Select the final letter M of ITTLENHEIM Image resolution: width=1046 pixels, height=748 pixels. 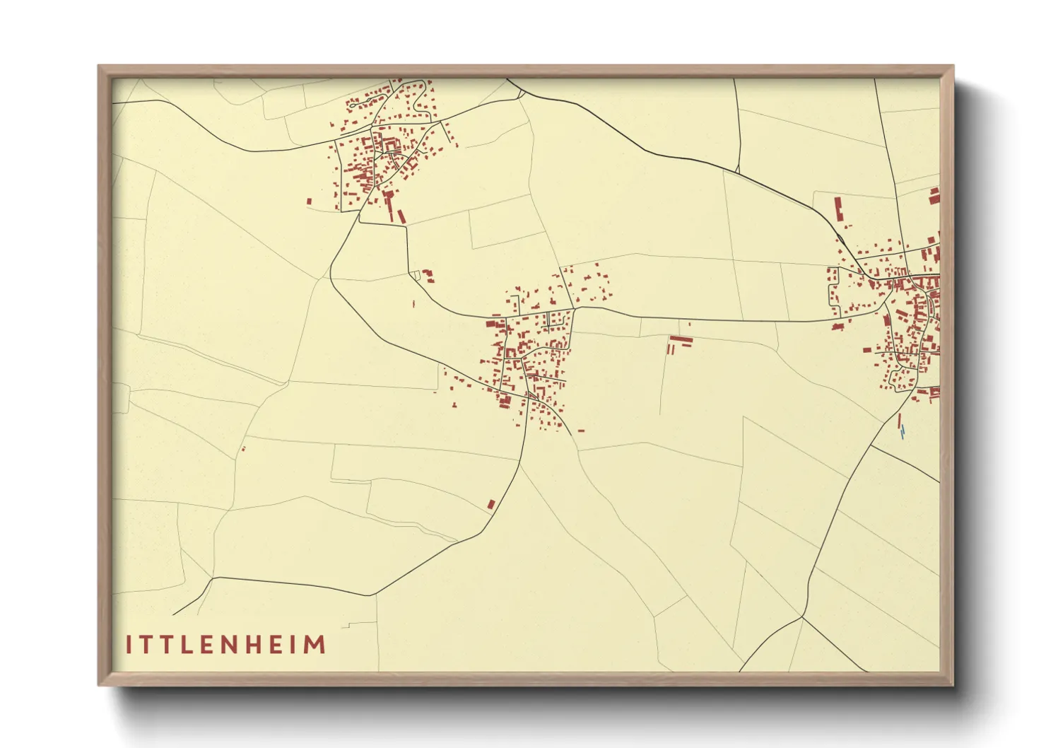(315, 645)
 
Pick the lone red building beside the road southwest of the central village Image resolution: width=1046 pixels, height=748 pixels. (491, 504)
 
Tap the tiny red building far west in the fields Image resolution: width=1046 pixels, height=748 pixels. (243, 448)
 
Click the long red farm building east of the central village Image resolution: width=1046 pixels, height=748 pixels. (681, 341)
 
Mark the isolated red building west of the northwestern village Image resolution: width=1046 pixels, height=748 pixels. (309, 201)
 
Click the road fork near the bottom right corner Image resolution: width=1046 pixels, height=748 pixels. (803, 617)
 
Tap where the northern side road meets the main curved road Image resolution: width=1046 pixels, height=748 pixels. (736, 172)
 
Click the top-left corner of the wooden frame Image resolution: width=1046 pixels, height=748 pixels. (99, 66)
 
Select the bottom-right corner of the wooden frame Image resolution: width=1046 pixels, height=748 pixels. (953, 684)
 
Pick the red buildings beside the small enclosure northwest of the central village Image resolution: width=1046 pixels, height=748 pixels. (428, 275)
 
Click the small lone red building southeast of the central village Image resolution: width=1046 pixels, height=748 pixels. (581, 430)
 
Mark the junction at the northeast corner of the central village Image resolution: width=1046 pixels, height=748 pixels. (574, 308)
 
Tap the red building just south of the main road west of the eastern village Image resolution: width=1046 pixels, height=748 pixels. (838, 327)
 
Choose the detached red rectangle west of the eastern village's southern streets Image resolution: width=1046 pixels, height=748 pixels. (866, 349)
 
